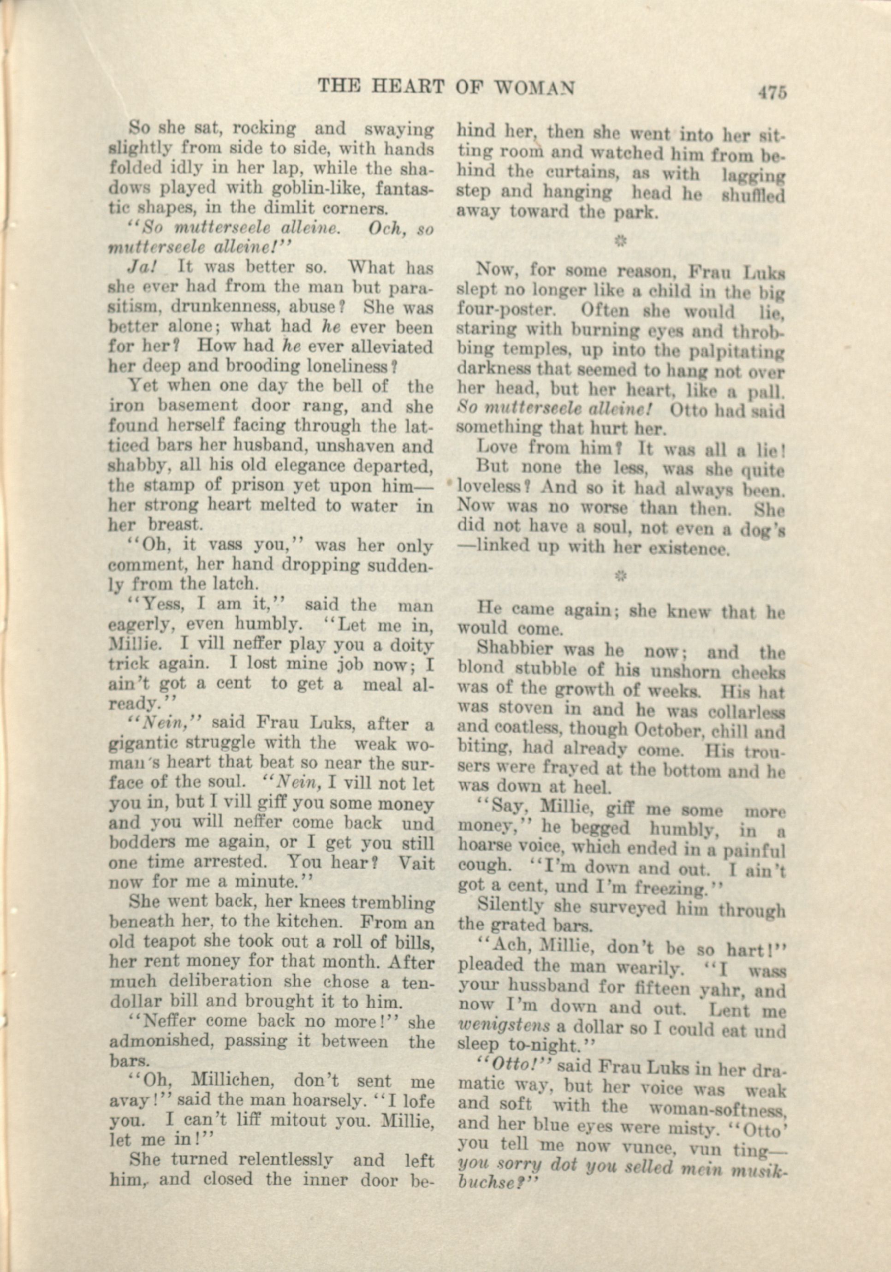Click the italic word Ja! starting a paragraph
[143, 267]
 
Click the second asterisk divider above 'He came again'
[620, 577]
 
